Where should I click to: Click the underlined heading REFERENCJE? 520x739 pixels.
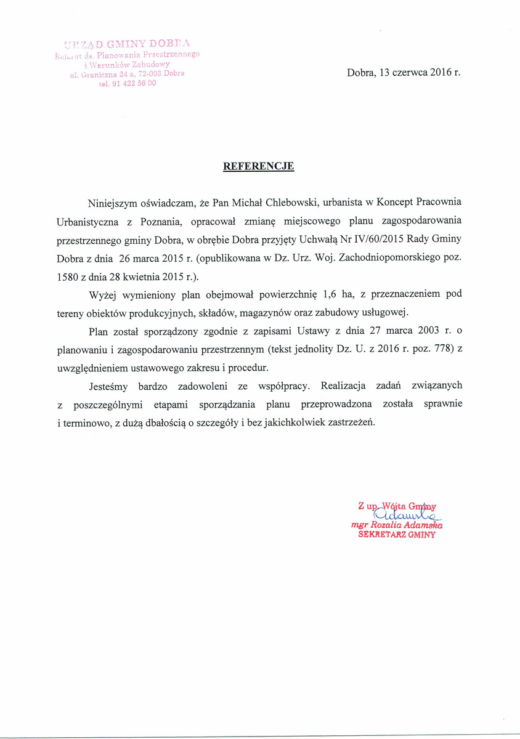(x=258, y=166)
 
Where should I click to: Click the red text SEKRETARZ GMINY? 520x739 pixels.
(x=397, y=535)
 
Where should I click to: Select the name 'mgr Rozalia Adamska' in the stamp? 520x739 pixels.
(x=397, y=525)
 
